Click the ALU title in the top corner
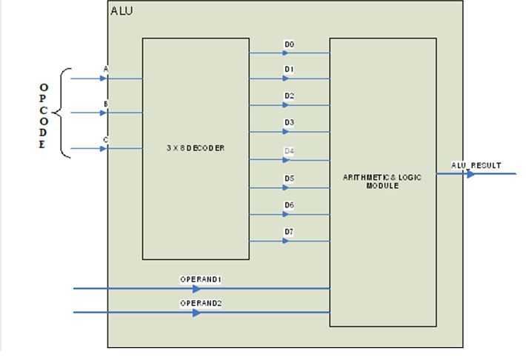(122, 11)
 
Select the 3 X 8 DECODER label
(196, 148)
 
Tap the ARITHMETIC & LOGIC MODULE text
(382, 181)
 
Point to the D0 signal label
(289, 45)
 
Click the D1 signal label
(289, 70)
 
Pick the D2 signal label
(289, 96)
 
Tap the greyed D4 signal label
(289, 151)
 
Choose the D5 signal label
(289, 179)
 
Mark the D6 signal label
(289, 205)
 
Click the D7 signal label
(289, 232)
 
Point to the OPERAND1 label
(201, 279)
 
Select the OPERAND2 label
(201, 304)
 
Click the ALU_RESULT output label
(476, 165)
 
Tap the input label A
(106, 70)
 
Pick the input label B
(106, 104)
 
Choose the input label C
(106, 139)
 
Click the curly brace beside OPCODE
(64, 113)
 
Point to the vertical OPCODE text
(42, 116)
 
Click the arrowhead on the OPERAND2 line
(196, 313)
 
